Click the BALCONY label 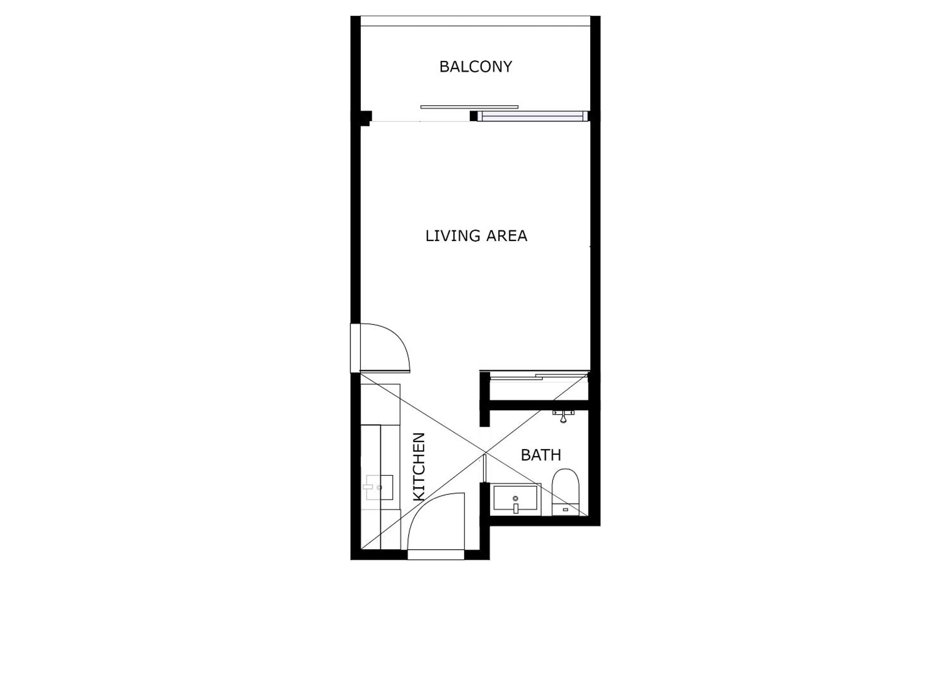[x=476, y=67]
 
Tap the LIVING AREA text [x=476, y=236]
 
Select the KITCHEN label [x=419, y=467]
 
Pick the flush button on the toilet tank [x=565, y=509]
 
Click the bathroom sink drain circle [x=515, y=498]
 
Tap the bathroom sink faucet [x=516, y=508]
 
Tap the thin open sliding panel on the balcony [x=469, y=107]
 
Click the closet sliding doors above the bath [x=538, y=377]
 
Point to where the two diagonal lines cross [x=486, y=453]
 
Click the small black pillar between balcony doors [x=473, y=116]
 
